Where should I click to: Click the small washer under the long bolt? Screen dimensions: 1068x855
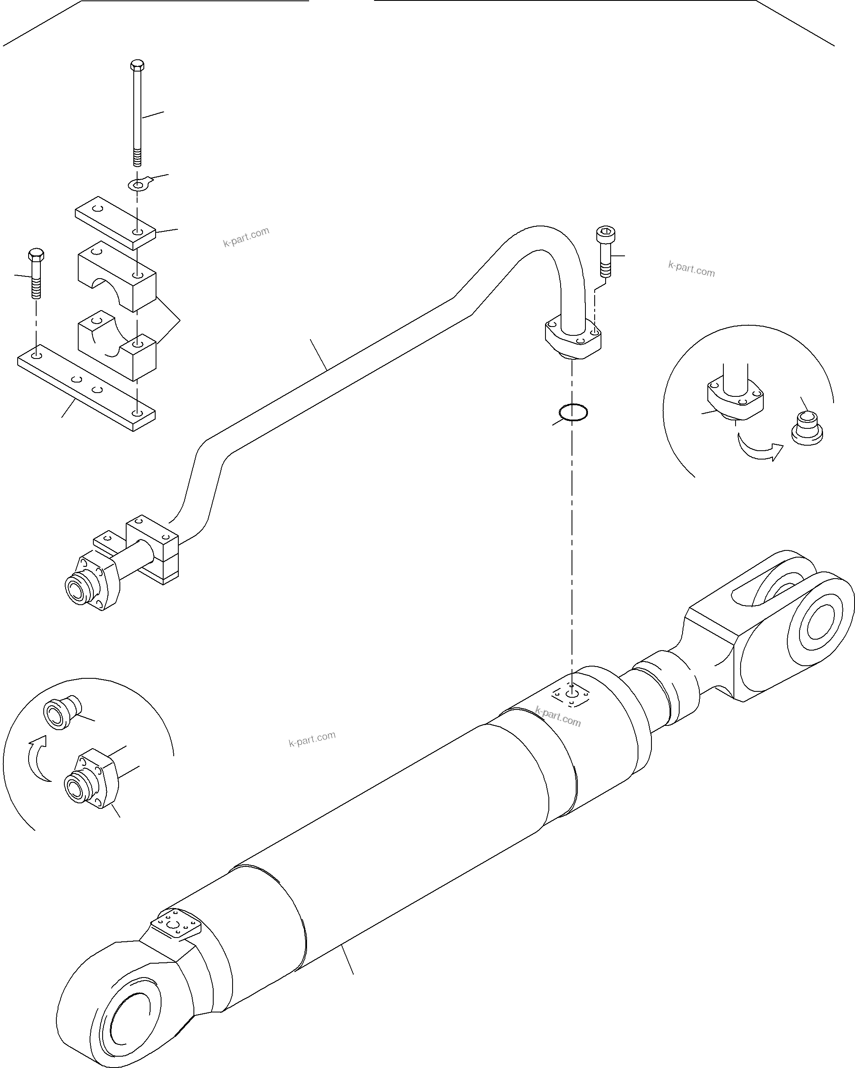click(139, 185)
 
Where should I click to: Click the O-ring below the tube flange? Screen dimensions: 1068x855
click(573, 412)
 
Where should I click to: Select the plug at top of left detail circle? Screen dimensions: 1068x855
click(61, 714)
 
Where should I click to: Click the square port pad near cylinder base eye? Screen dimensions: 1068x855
click(176, 923)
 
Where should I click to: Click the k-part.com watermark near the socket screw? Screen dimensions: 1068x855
click(691, 268)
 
